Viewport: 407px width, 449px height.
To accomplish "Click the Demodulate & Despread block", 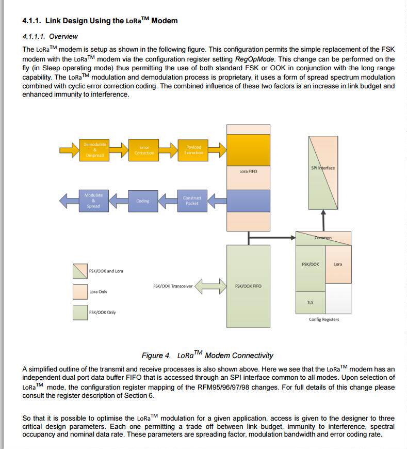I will pyautogui.click(x=94, y=150).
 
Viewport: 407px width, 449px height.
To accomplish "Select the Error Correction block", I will pyautogui.click(x=144, y=150).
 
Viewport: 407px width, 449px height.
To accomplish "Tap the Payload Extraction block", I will pyautogui.click(x=193, y=150).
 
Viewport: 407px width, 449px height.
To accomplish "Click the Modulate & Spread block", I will pyautogui.click(x=93, y=200).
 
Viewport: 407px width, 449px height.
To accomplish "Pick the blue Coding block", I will pyautogui.click(x=143, y=201).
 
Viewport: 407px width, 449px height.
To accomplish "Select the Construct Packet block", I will pyautogui.click(x=192, y=200).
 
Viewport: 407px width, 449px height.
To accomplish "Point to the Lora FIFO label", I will pyautogui.click(x=248, y=171).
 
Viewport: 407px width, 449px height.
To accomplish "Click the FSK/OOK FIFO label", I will pyautogui.click(x=248, y=286).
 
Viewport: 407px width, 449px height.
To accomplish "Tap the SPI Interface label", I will pyautogui.click(x=323, y=168).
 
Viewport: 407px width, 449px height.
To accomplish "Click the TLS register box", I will pyautogui.click(x=310, y=302).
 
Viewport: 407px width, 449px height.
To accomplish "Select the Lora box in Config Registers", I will pyautogui.click(x=338, y=264).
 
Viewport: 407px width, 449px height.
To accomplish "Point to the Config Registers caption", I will pyautogui.click(x=324, y=319).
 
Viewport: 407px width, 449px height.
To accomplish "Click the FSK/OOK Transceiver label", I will pyautogui.click(x=173, y=286).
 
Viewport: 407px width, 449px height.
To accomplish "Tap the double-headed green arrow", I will pyautogui.click(x=211, y=285).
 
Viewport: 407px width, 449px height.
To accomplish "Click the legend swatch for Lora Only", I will pyautogui.click(x=80, y=292).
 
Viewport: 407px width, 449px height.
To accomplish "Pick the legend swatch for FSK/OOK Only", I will pyautogui.click(x=80, y=313).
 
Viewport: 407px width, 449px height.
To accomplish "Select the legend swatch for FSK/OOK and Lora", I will pyautogui.click(x=80, y=271).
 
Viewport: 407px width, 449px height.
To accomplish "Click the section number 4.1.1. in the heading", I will pyautogui.click(x=32, y=21).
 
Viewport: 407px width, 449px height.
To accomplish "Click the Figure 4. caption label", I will pyautogui.click(x=156, y=355).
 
